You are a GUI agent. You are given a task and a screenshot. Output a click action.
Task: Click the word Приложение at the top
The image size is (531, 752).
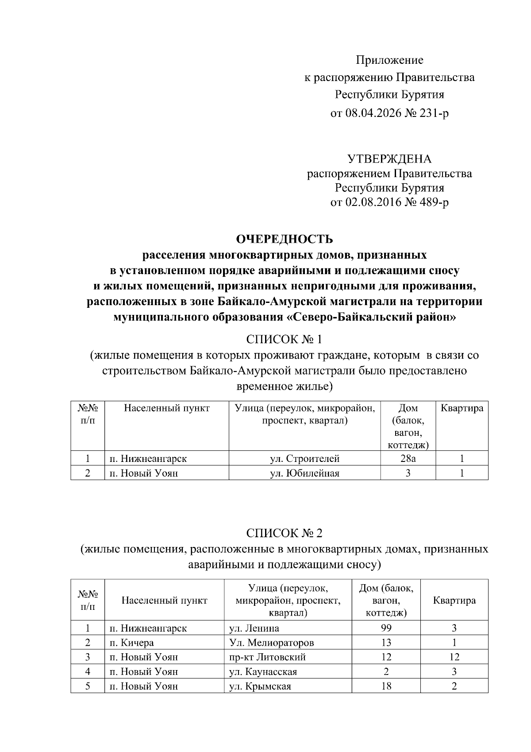pyautogui.click(x=390, y=60)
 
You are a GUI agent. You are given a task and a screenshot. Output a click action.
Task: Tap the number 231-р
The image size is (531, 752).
pyautogui.click(x=435, y=113)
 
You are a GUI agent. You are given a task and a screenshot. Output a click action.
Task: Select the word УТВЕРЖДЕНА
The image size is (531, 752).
pyautogui.click(x=389, y=159)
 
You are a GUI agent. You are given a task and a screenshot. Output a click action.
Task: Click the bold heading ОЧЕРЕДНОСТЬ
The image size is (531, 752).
pyautogui.click(x=285, y=240)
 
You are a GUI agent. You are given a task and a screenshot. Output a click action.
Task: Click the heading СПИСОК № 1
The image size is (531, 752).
pyautogui.click(x=284, y=340)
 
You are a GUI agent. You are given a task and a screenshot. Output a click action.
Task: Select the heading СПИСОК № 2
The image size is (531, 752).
pyautogui.click(x=284, y=533)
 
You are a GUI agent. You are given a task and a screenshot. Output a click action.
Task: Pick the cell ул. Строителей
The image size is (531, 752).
pyautogui.click(x=304, y=459)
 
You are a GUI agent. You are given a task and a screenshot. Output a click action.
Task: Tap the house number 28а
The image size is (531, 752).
pyautogui.click(x=408, y=459)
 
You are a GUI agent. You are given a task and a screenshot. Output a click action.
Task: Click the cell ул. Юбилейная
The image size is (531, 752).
pyautogui.click(x=304, y=473)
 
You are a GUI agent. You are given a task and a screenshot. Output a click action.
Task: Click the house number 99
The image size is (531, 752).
pyautogui.click(x=386, y=628)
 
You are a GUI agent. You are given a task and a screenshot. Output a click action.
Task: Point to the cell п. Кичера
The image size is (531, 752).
pyautogui.click(x=132, y=643)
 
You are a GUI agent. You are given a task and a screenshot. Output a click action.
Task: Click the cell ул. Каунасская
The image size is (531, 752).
pyautogui.click(x=263, y=672)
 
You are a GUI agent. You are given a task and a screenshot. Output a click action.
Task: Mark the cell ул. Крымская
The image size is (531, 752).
pyautogui.click(x=260, y=686)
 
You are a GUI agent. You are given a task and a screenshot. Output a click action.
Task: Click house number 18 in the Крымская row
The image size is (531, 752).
pyautogui.click(x=386, y=686)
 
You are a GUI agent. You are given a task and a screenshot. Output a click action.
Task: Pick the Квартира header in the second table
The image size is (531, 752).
pyautogui.click(x=454, y=601)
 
